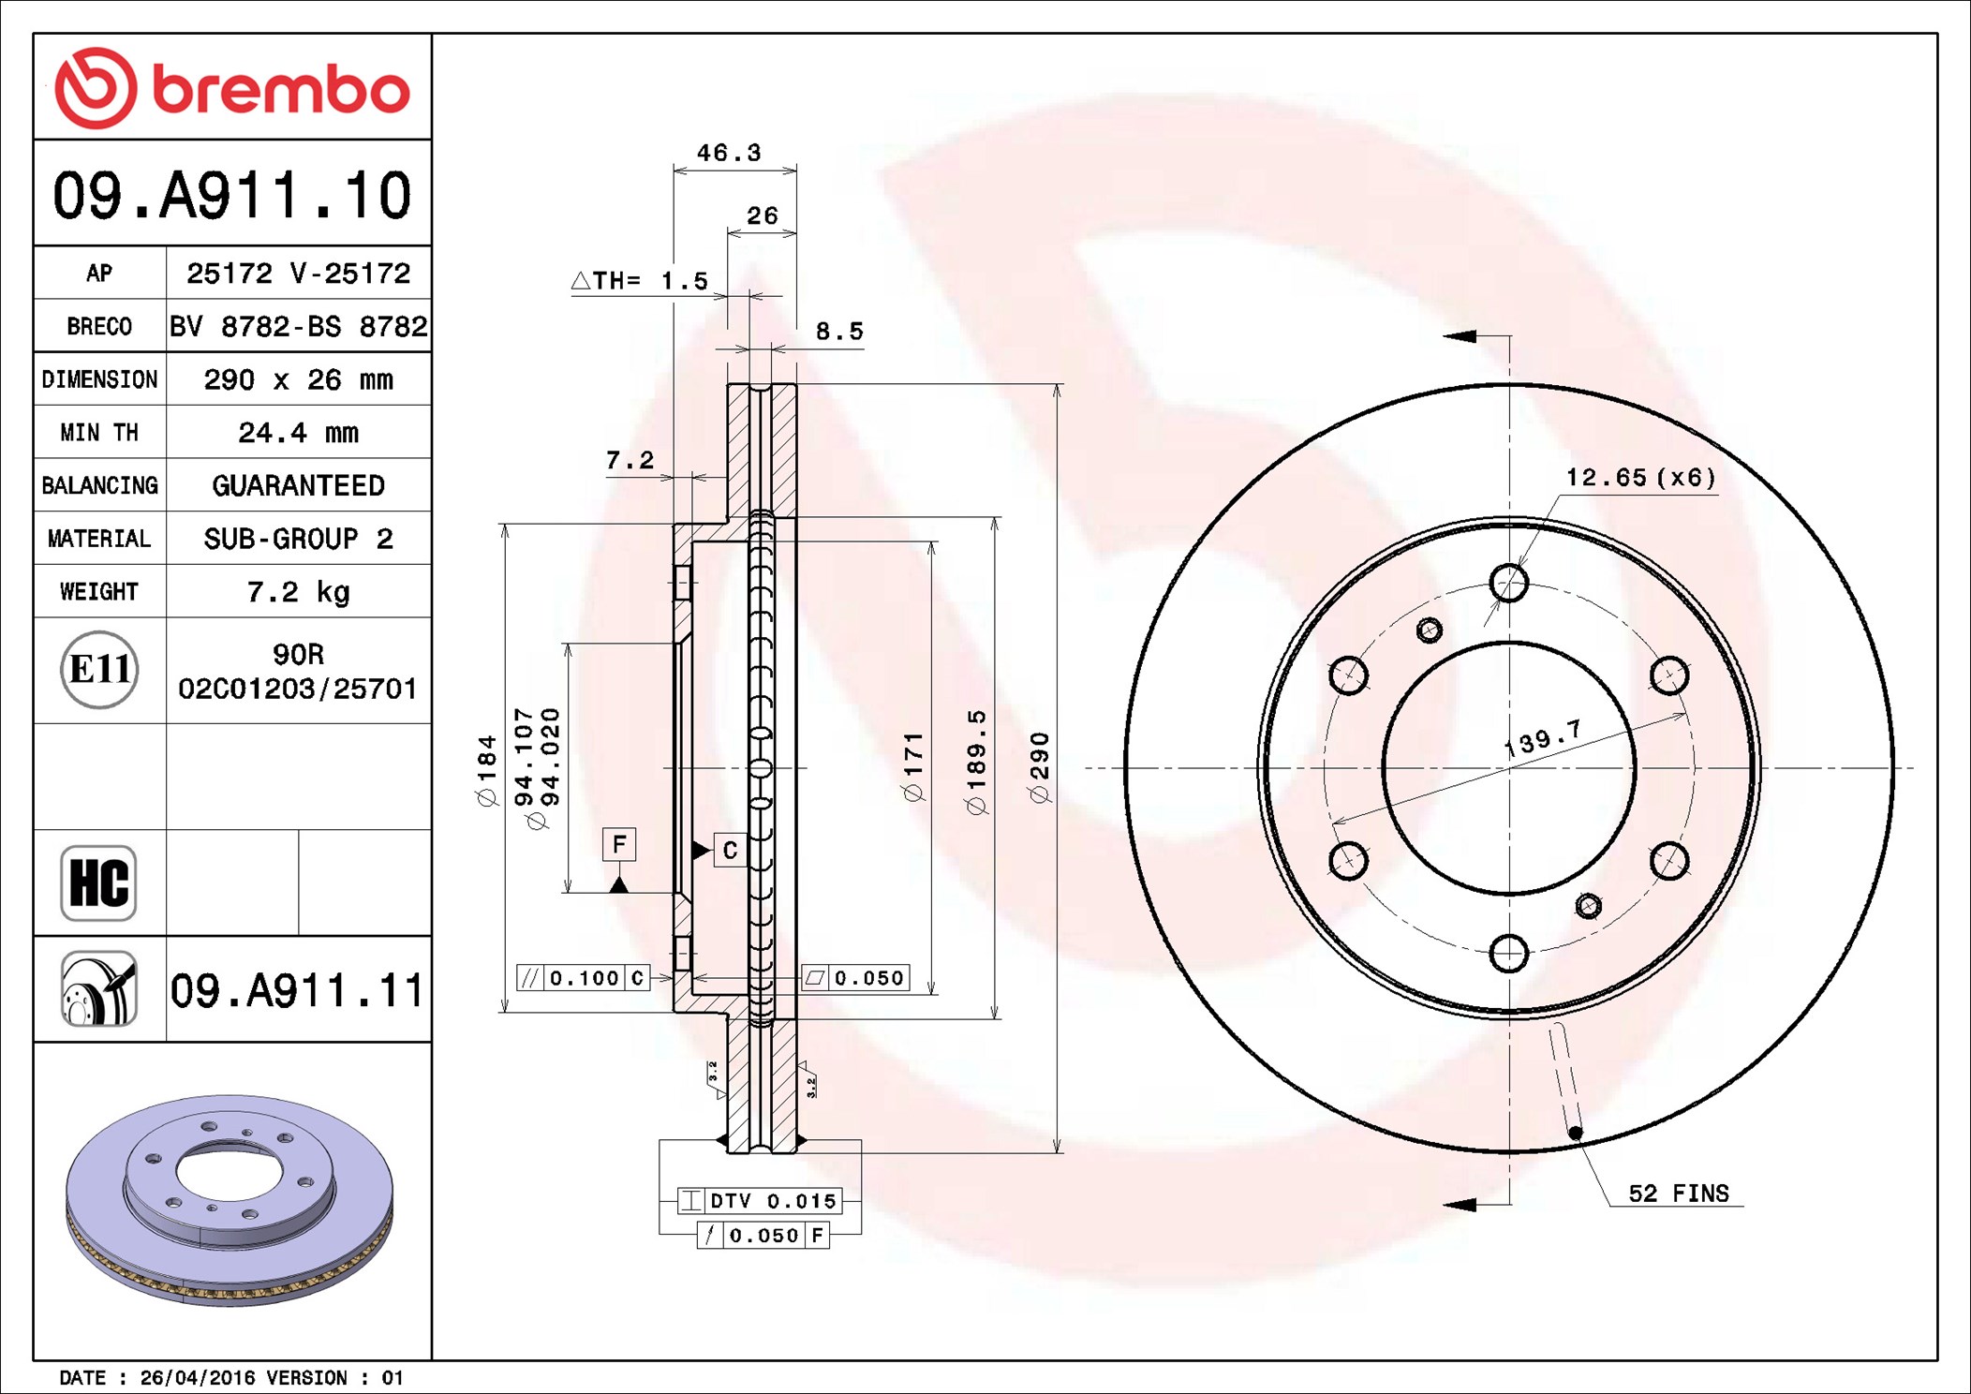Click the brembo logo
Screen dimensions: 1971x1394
click(232, 88)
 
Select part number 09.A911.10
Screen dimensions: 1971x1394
click(232, 195)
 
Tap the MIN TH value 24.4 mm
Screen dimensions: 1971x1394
click(298, 433)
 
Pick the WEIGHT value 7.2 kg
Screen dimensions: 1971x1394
click(298, 592)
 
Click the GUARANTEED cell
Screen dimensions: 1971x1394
click(298, 485)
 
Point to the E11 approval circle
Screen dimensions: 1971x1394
click(99, 669)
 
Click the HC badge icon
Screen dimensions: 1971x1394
click(98, 882)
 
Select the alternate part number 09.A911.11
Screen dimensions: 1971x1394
click(297, 990)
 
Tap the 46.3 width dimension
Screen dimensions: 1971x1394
click(729, 152)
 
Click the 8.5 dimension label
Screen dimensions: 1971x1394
click(839, 331)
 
